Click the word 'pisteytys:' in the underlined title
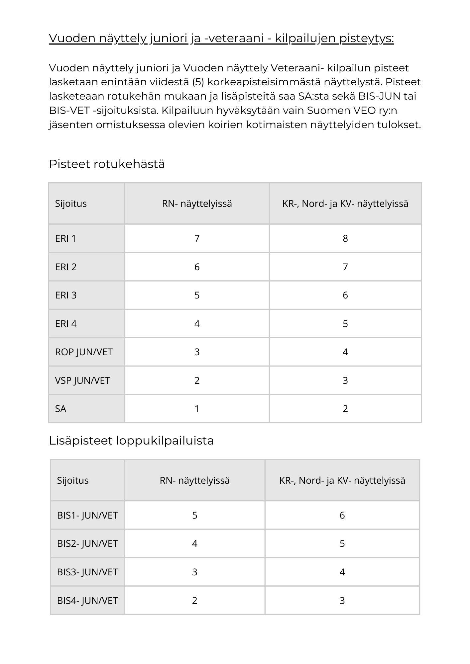point(366,39)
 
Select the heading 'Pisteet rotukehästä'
point(107,164)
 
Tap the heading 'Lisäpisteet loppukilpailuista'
point(131,441)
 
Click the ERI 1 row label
point(65,238)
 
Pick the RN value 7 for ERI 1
point(197,238)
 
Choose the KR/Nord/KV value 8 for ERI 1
point(345,238)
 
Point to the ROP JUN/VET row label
point(84,352)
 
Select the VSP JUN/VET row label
point(82,380)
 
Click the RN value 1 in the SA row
point(197,409)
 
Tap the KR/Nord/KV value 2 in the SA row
point(345,409)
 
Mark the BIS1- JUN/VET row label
point(87,515)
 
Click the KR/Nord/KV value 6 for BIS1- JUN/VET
point(342,515)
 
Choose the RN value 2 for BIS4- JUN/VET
point(195,601)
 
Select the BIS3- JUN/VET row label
point(87,572)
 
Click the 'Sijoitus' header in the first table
point(71,204)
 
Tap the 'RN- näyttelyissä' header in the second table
point(195,480)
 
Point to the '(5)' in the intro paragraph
point(198,82)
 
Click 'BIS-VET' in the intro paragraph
point(69,111)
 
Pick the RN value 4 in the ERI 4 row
point(197,324)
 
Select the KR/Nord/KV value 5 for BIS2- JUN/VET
point(342,544)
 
